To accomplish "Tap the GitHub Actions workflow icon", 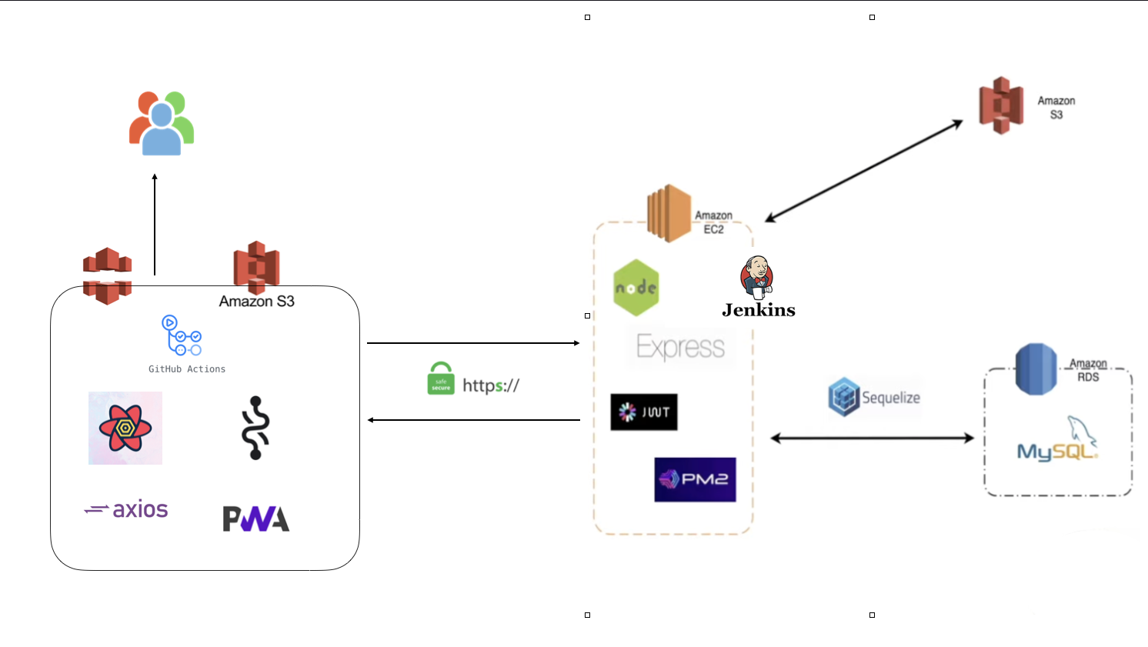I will [x=182, y=335].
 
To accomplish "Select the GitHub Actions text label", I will [x=187, y=369].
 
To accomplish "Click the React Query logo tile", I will [x=125, y=428].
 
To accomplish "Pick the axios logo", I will [x=126, y=509].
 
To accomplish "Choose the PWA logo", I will [x=255, y=519].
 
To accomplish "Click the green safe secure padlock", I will [x=441, y=379].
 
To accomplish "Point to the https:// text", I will [x=491, y=385].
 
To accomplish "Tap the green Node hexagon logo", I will [x=636, y=288].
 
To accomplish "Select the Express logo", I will [x=680, y=347].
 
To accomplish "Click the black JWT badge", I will [x=644, y=412].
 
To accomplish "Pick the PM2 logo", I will [x=695, y=479].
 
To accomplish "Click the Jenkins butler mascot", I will [x=756, y=278].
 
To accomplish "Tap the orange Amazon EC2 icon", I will [x=669, y=213].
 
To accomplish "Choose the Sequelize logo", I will [x=874, y=397].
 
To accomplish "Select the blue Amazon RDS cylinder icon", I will [x=1036, y=369].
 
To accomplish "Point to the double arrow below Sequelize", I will [x=872, y=439].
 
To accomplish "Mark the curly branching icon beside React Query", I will [x=255, y=428].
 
